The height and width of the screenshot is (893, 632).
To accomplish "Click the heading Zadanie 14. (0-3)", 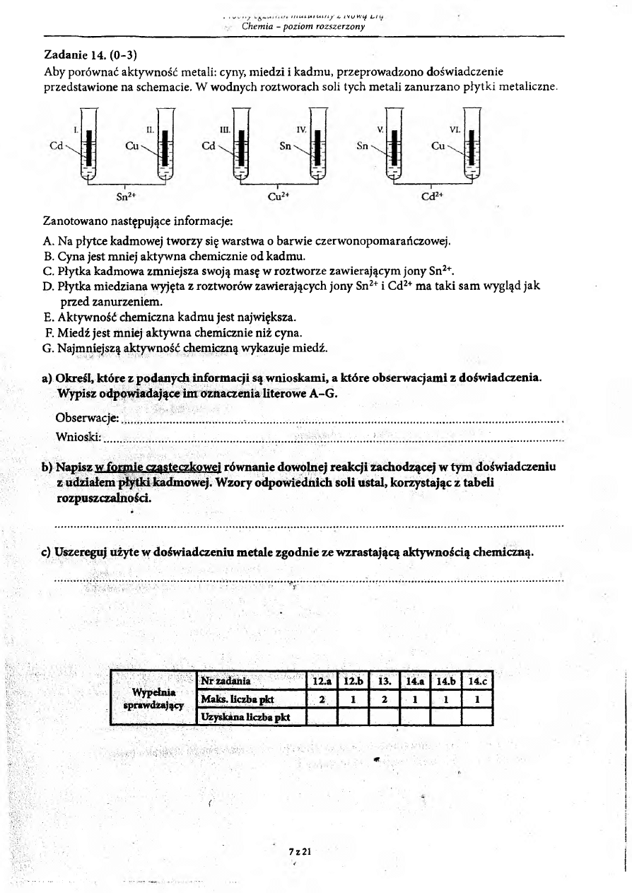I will pos(84,54).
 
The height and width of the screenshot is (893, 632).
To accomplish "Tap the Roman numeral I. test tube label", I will pos(76,131).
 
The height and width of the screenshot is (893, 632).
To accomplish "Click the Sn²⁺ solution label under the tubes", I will pos(126,196).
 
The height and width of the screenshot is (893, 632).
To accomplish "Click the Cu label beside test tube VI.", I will pos(438,146).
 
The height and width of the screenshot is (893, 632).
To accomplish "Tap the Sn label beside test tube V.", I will pos(363,146).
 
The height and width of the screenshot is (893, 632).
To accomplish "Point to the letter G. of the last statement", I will pos(48,348).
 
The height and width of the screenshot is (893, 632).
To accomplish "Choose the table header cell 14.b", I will pos(445,682).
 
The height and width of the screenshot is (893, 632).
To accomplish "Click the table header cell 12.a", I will pos(322,682).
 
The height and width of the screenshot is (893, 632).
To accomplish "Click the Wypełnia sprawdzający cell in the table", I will pos(153,699).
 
